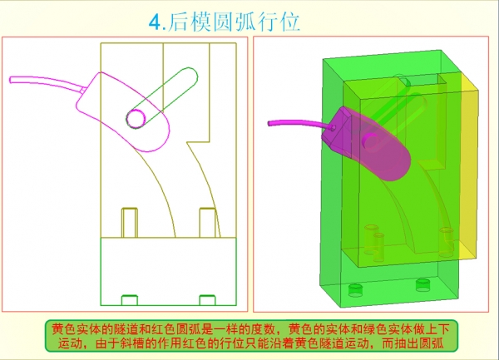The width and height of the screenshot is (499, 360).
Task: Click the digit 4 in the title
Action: (156, 22)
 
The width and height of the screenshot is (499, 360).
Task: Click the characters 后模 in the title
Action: (189, 22)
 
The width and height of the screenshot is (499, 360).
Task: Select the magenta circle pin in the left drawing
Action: (136, 118)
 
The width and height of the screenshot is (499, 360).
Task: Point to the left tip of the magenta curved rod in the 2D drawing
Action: (11, 80)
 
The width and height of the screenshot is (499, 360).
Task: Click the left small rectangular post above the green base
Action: (130, 223)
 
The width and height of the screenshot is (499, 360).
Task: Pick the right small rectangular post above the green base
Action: (207, 223)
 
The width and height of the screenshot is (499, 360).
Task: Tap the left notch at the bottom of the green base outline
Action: (130, 300)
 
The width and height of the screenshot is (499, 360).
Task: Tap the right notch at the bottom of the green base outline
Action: (207, 300)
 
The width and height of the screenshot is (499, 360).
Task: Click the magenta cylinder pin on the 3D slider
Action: (370, 141)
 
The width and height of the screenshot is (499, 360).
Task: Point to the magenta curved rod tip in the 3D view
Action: (269, 123)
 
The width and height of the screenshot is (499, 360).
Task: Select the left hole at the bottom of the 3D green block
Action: (355, 290)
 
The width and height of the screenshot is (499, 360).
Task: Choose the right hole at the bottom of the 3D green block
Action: (422, 284)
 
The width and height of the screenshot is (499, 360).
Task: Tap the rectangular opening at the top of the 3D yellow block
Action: (419, 80)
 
